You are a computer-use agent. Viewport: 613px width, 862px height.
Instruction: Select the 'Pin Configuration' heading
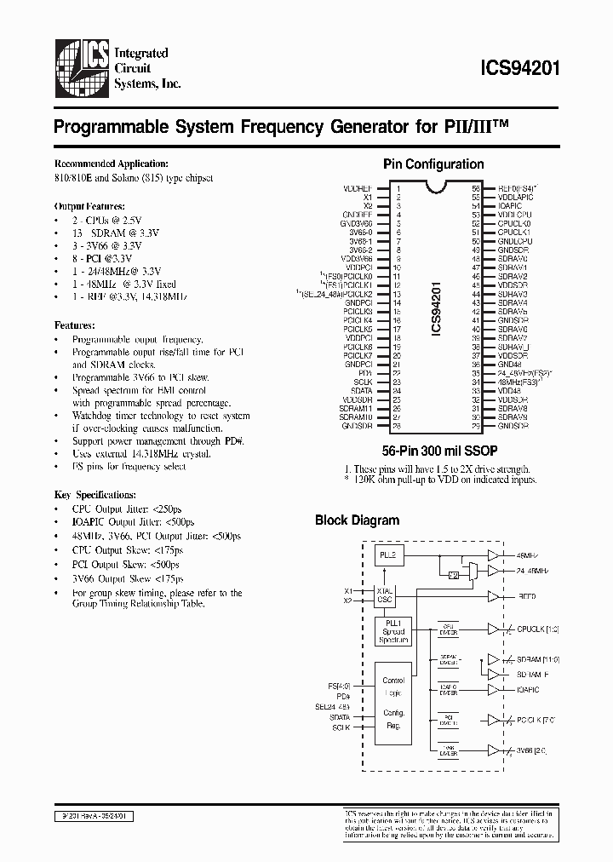tap(433, 164)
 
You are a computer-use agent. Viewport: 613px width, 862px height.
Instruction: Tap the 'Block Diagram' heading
tap(357, 520)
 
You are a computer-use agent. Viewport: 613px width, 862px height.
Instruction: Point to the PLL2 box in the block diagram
tap(387, 555)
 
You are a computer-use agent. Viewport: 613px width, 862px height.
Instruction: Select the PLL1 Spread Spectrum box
tap(392, 632)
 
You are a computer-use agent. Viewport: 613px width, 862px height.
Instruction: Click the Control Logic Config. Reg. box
tap(393, 703)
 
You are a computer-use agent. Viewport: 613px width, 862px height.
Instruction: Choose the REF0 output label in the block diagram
tap(529, 598)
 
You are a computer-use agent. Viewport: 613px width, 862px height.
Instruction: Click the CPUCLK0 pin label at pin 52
tap(514, 221)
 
